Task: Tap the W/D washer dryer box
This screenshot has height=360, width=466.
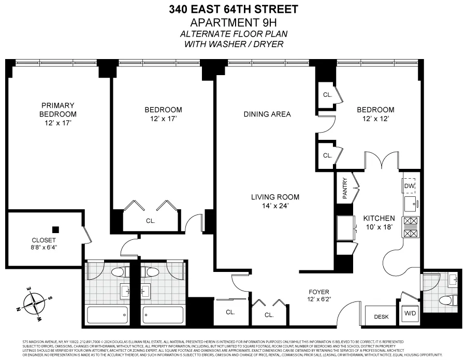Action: (409, 314)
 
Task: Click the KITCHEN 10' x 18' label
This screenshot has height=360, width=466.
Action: (378, 223)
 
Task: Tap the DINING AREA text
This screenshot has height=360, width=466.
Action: (267, 114)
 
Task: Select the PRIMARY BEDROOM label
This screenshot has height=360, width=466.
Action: (58, 114)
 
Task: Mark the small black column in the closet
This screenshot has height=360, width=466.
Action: (55, 229)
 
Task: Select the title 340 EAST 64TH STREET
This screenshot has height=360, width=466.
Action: (234, 9)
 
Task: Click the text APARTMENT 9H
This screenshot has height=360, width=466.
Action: (234, 22)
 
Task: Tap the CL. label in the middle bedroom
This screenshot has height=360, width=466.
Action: (150, 221)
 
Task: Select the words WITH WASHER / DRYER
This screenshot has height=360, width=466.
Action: (234, 44)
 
